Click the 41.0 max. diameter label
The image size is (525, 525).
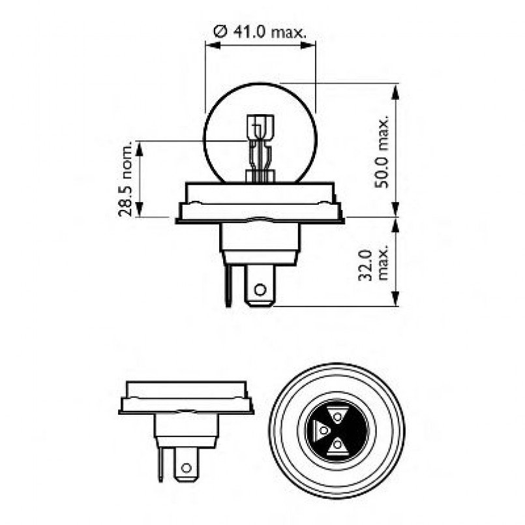point(260,31)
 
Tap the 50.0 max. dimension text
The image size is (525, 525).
point(383,152)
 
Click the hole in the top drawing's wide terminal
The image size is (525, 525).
point(260,289)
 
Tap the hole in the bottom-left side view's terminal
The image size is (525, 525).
point(187,468)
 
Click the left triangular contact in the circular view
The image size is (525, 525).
point(322,430)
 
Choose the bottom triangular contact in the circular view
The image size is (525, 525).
point(337,445)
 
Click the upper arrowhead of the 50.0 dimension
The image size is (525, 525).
point(396,89)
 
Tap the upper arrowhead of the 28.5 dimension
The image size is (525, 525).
point(138,146)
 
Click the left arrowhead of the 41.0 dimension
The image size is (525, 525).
point(211,45)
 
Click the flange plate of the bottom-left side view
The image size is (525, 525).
point(187,410)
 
